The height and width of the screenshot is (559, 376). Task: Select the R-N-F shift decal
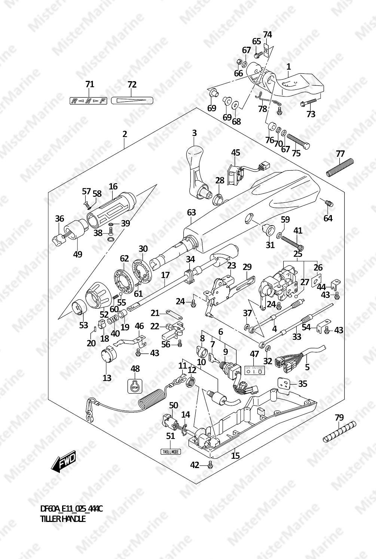89,101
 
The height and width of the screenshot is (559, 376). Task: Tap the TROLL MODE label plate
171,452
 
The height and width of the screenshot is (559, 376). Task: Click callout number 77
340,154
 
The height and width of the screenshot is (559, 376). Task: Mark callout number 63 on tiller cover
191,213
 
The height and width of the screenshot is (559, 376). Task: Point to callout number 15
235,455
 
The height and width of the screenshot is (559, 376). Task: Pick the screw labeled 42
210,465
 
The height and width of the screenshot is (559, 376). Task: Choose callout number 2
125,134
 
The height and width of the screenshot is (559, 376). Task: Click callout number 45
235,153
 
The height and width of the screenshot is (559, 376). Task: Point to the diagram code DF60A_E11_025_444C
71,509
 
